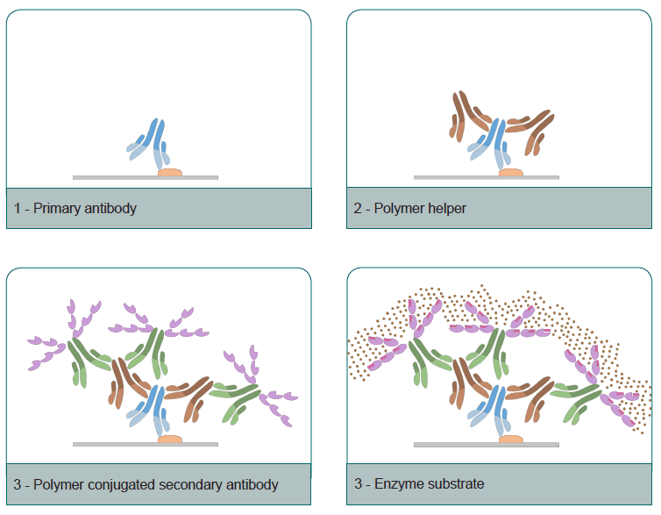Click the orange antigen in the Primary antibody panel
click(170, 173)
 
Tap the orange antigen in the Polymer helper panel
click(510, 173)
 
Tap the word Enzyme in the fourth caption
click(396, 484)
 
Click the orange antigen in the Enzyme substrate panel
click(510, 439)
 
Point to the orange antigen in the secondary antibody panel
click(170, 439)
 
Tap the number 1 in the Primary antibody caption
click(18, 209)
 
